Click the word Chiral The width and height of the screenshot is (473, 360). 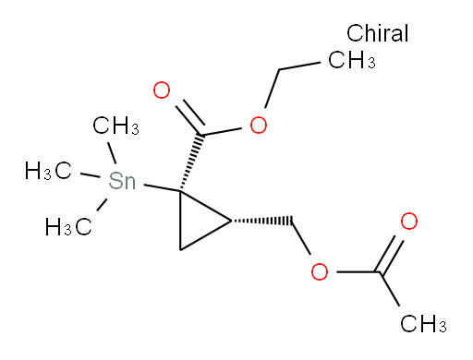pyautogui.click(x=379, y=34)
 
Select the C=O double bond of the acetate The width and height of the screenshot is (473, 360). pyautogui.click(x=394, y=250)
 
